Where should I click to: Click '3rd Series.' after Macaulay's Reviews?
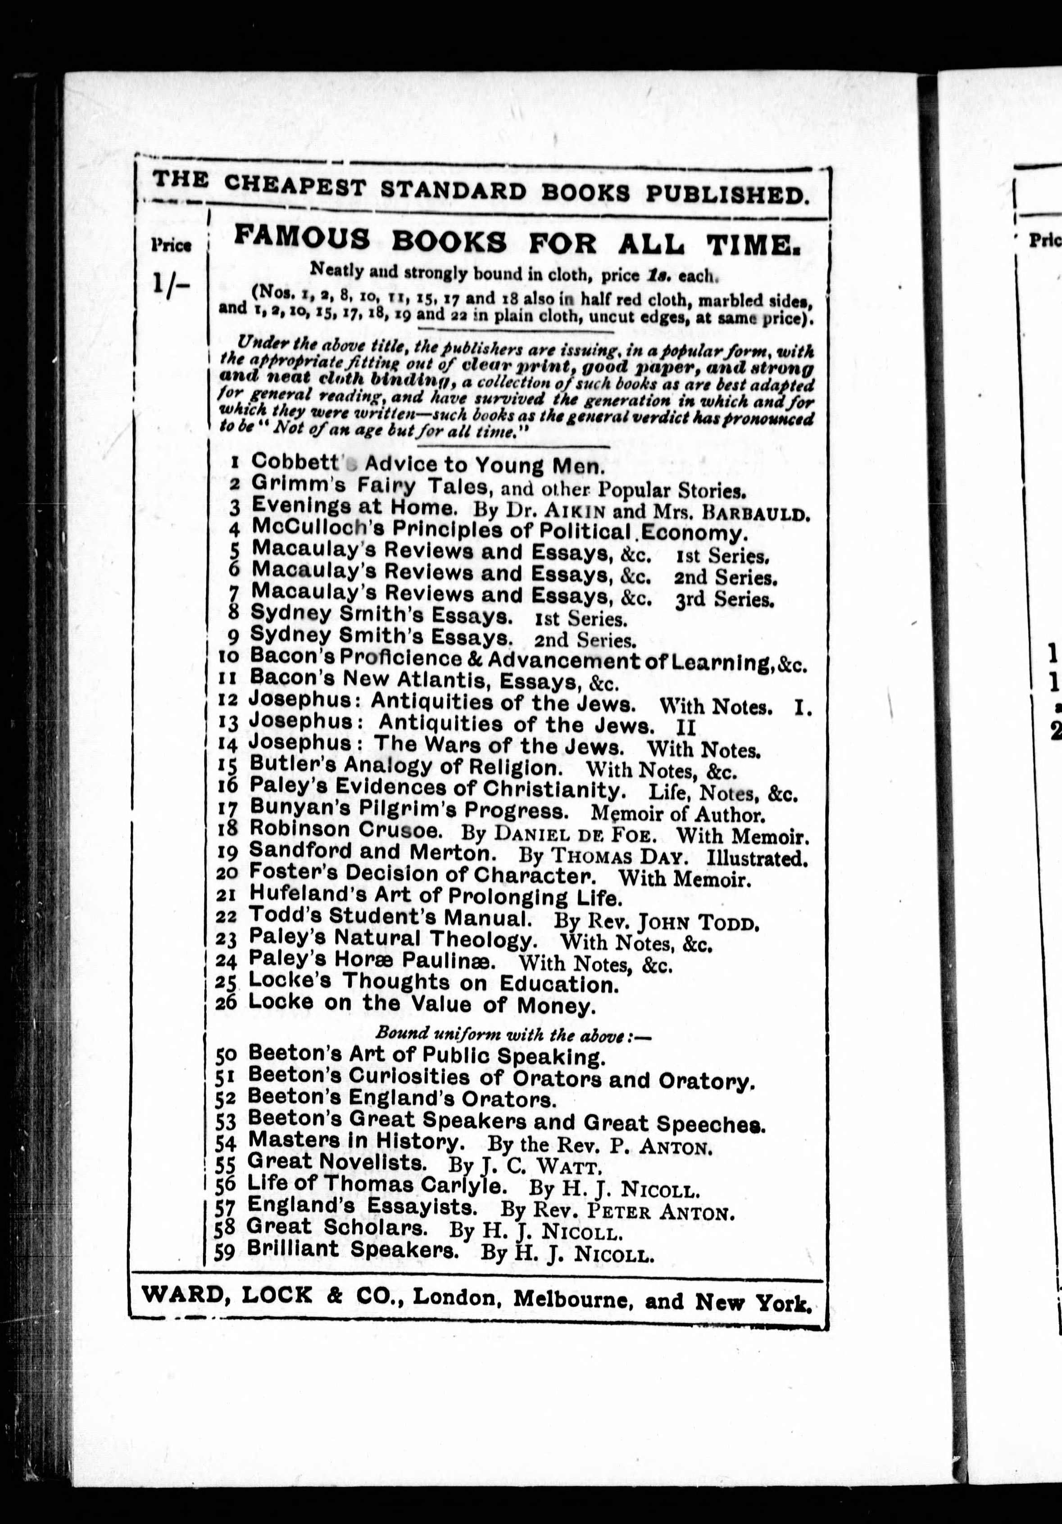click(x=724, y=600)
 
